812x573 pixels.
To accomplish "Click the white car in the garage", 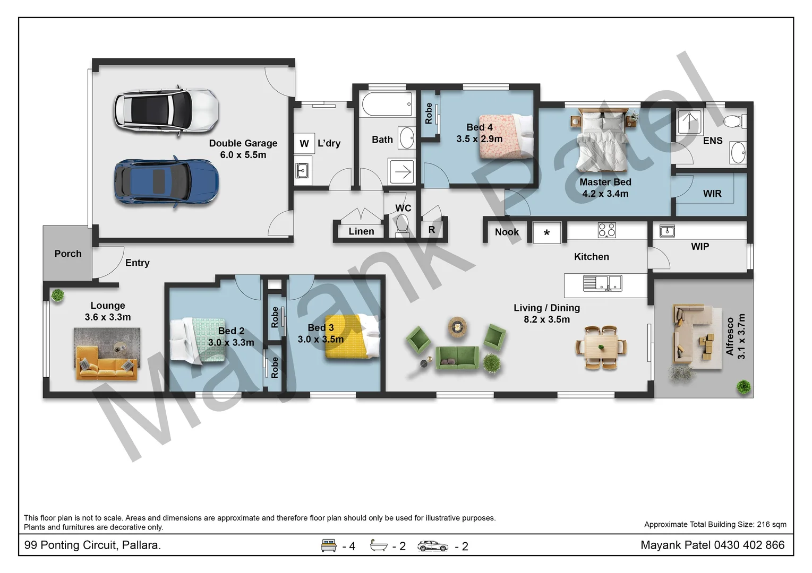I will pyautogui.click(x=166, y=110).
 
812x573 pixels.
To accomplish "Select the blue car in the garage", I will pyautogui.click(x=166, y=181).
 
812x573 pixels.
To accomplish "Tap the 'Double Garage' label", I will pyautogui.click(x=243, y=143).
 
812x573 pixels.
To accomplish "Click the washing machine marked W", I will pyautogui.click(x=304, y=143).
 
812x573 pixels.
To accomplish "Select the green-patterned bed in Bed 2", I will pyautogui.click(x=198, y=340).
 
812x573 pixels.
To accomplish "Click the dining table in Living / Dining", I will pyautogui.click(x=601, y=348).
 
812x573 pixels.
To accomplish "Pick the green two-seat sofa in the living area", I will pyautogui.click(x=457, y=357).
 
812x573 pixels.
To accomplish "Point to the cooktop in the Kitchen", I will pyautogui.click(x=606, y=230).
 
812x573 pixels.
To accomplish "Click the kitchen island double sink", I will pyautogui.click(x=602, y=283).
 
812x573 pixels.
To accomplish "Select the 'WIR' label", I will pyautogui.click(x=712, y=194).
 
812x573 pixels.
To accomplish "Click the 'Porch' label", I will pyautogui.click(x=68, y=254).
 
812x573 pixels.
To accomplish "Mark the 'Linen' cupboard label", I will pyautogui.click(x=361, y=231).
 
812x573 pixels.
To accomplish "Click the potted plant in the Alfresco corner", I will pyautogui.click(x=743, y=387).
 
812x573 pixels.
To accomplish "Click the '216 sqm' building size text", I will pyautogui.click(x=771, y=524).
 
